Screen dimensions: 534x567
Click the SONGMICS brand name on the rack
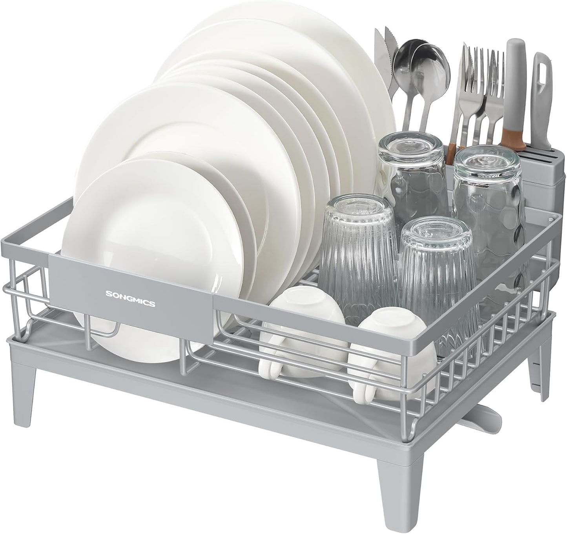coord(129,292)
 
